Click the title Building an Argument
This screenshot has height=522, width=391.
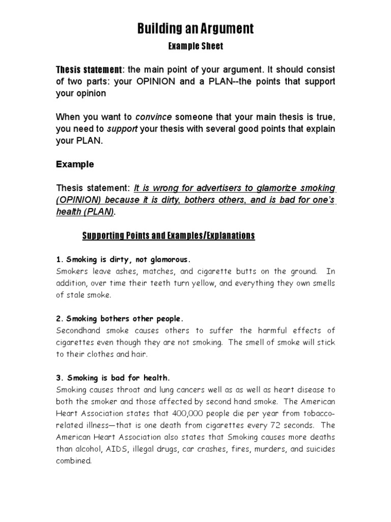tap(195, 29)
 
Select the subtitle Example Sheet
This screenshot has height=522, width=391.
tap(195, 46)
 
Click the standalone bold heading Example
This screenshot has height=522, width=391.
tap(75, 165)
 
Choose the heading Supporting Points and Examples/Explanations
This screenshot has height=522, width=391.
tap(169, 236)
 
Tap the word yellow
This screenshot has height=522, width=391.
tap(188, 282)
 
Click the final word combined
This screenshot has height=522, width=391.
tap(74, 461)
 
